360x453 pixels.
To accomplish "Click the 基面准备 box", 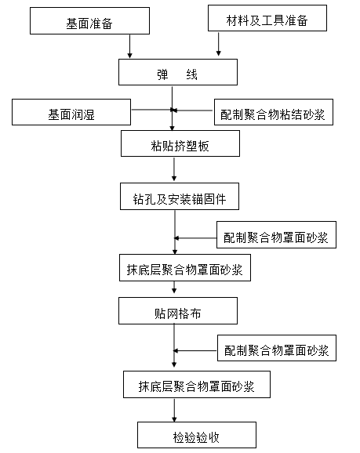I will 88,23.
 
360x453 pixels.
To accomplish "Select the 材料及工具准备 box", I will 267,20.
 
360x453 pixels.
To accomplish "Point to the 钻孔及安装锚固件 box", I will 174,197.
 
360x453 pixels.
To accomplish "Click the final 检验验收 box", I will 185,435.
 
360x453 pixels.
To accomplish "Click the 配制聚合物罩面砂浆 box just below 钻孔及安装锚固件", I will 276,235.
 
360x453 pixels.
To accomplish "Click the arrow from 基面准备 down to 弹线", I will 130,47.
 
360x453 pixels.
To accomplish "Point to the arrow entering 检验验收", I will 174,411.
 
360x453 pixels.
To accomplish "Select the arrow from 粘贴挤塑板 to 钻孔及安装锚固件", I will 174,170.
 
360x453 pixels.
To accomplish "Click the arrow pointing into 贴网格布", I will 174,292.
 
